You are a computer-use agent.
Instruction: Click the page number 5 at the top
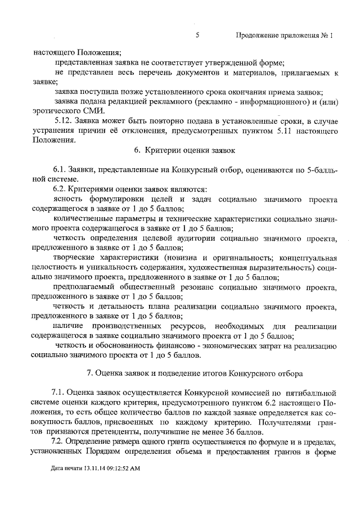(x=197, y=35)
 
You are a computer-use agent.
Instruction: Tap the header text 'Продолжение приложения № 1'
(x=285, y=35)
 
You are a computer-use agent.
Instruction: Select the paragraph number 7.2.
(x=60, y=442)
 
